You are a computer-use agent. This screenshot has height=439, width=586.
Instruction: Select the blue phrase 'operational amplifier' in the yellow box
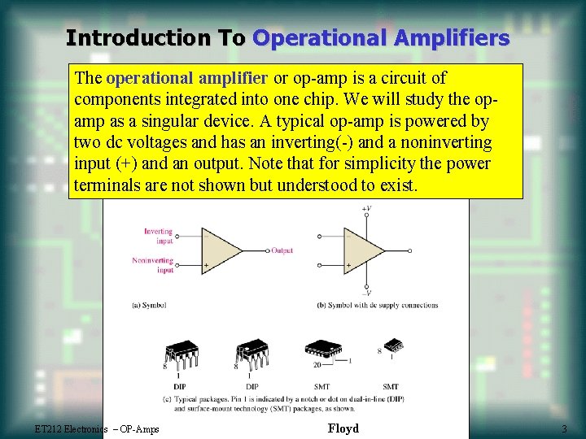click(x=186, y=79)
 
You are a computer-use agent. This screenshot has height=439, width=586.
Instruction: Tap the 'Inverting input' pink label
click(x=159, y=236)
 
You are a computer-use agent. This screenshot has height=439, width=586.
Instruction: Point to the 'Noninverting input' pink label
click(x=153, y=265)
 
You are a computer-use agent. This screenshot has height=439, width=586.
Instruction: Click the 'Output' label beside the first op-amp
click(x=282, y=250)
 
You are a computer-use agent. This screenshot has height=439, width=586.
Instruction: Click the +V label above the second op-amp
click(x=367, y=209)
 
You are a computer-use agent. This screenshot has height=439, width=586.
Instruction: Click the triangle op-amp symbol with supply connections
click(x=364, y=250)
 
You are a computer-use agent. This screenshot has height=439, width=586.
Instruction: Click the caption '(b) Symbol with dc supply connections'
click(x=376, y=306)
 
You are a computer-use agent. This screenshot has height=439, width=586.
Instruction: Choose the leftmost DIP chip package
click(x=182, y=352)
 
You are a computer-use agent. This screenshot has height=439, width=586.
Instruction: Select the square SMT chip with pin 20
click(x=322, y=350)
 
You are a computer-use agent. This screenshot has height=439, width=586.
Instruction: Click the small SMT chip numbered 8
click(x=393, y=346)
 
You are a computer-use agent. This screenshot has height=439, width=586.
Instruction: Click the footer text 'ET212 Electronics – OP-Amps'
click(x=97, y=429)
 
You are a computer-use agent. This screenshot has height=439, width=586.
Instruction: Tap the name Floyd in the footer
click(x=343, y=428)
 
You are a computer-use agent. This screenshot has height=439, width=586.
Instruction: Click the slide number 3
click(x=563, y=429)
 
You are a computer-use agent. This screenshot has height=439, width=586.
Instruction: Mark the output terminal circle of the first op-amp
click(x=267, y=250)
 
